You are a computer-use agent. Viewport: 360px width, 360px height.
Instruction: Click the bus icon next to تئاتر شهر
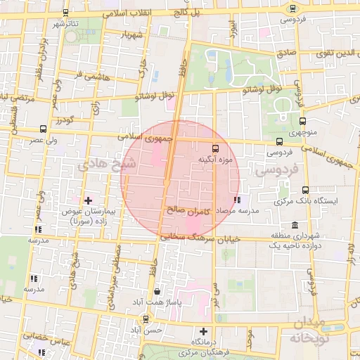click(65, 13)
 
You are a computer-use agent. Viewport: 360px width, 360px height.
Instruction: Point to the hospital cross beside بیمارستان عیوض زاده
click(87, 201)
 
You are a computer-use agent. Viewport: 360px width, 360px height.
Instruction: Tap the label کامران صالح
click(186, 210)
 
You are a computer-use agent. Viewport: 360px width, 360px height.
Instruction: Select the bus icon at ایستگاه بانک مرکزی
click(305, 190)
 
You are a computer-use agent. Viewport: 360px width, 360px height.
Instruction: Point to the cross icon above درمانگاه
click(204, 330)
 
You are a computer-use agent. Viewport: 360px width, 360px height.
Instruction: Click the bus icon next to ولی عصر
click(44, 129)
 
